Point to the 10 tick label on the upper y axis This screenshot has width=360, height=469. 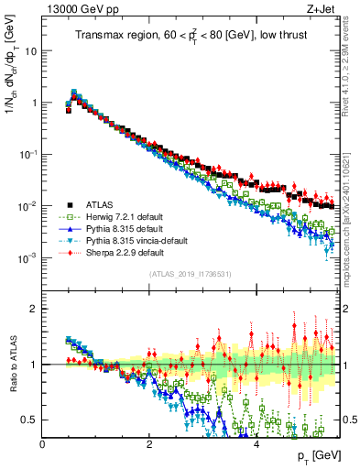click(29, 51)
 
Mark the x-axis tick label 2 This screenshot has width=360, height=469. click(149, 443)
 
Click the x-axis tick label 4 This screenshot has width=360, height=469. click(256, 443)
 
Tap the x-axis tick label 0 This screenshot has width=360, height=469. click(43, 443)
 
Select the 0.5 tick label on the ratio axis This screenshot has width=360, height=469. click(27, 420)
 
